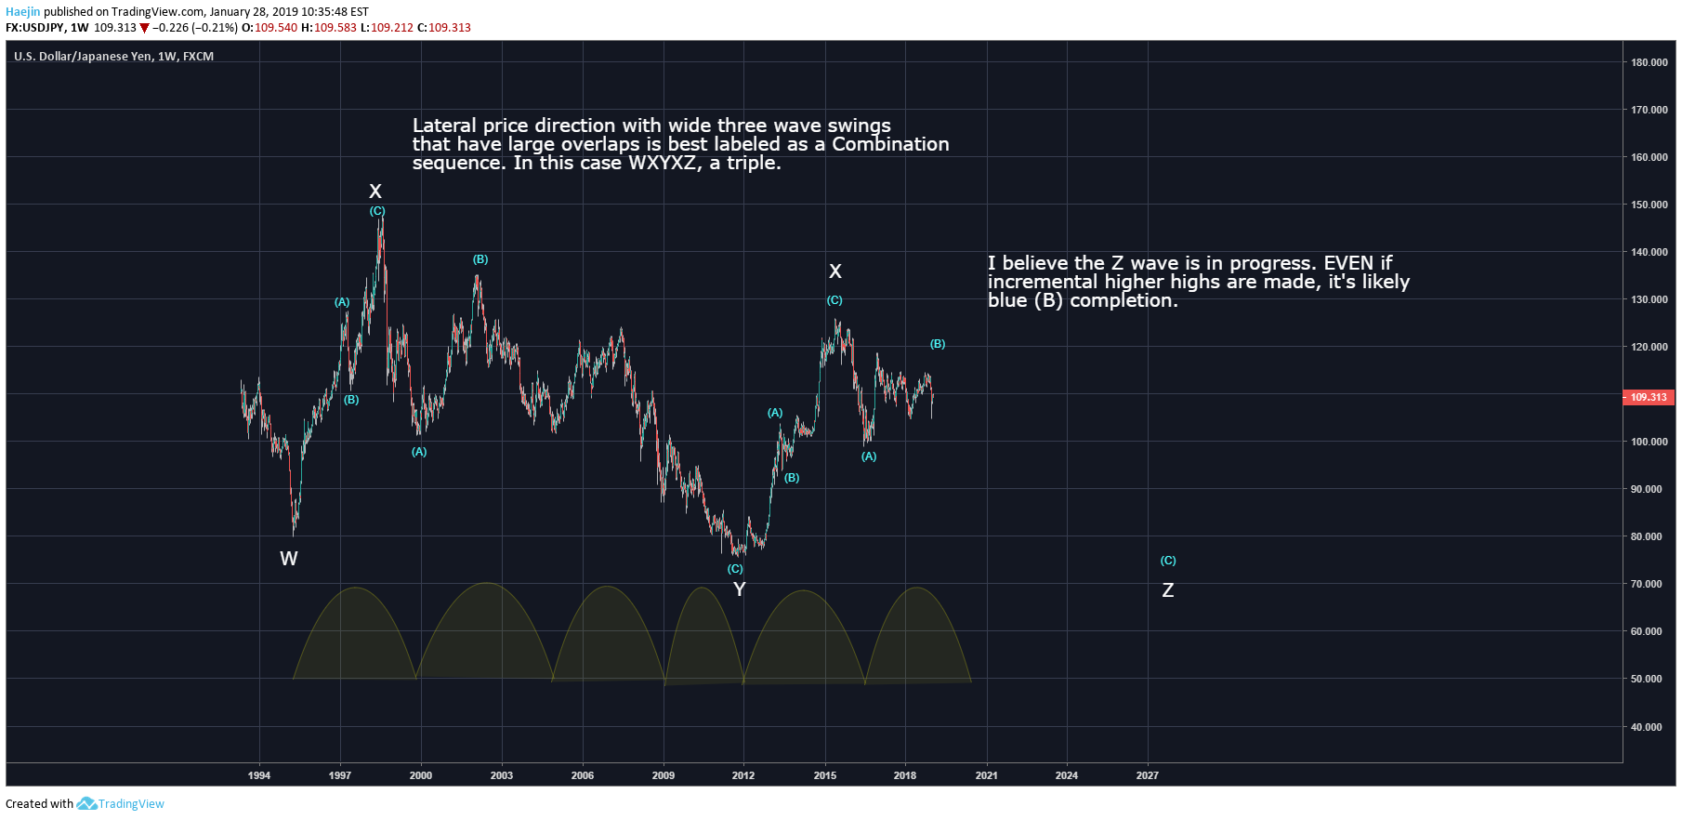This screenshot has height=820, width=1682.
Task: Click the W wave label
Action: click(289, 559)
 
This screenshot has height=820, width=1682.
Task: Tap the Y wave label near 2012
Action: click(740, 589)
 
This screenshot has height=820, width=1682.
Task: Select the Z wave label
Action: click(1168, 590)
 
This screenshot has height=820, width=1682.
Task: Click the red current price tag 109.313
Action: click(1648, 397)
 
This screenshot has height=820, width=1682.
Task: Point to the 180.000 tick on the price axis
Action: click(1649, 62)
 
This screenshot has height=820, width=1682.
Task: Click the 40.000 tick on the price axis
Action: click(1646, 727)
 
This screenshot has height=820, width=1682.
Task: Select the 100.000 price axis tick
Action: click(1649, 442)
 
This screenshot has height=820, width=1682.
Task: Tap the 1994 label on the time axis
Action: click(259, 775)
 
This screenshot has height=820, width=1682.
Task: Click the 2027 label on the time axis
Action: click(1148, 775)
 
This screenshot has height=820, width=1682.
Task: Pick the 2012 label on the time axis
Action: click(743, 775)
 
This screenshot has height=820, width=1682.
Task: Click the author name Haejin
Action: click(23, 12)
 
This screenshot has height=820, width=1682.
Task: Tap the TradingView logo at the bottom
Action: click(121, 804)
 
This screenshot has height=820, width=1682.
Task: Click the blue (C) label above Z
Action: click(1168, 561)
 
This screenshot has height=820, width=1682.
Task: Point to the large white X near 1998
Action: click(375, 192)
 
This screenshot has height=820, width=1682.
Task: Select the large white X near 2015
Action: click(835, 271)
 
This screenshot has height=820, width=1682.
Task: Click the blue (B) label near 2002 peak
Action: click(480, 259)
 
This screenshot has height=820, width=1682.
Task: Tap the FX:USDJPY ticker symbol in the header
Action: click(35, 28)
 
